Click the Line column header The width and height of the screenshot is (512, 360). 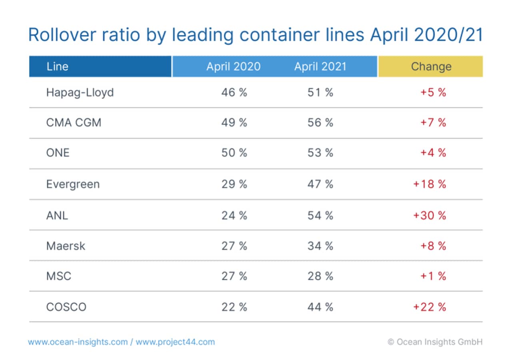pos(57,66)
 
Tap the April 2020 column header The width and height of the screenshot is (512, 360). pos(233,66)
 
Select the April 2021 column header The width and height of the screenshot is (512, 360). pos(320,66)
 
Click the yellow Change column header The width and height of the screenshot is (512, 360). pos(431,66)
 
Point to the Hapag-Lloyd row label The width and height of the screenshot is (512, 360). pos(80,92)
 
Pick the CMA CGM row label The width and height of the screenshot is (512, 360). pos(74,122)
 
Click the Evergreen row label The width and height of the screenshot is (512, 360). pos(73,184)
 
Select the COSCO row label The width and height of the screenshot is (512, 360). pos(66,307)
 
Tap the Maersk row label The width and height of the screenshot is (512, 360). pos(66,246)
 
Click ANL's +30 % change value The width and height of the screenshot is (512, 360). pos(430,215)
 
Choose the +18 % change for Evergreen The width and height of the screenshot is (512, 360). pos(430,184)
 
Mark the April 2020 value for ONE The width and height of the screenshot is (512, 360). pos(234,153)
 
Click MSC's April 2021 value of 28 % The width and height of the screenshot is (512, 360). pos(320,276)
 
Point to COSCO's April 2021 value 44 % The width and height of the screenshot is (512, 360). pos(320,307)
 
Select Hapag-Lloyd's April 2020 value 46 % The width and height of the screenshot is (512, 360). pos(234,92)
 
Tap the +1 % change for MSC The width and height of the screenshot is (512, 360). pos(433,276)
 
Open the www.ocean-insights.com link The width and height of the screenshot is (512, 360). pos(78,342)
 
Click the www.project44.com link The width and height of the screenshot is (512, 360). pos(175,342)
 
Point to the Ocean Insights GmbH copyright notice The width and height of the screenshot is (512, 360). pos(435,342)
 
